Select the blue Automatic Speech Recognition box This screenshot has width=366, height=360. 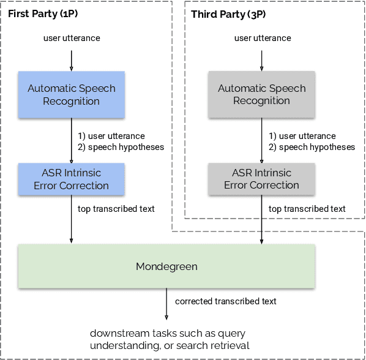71,95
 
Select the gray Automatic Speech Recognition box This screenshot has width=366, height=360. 261,95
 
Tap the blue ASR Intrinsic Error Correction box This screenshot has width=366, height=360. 71,179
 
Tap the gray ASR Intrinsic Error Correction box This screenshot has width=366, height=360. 261,179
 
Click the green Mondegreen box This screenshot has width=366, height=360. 166,266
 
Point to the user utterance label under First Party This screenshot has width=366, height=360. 71,39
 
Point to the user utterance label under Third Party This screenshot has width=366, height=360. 262,39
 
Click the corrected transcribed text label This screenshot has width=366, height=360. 226,301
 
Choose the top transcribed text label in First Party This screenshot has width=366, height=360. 116,209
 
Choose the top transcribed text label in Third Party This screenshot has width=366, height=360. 307,209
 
